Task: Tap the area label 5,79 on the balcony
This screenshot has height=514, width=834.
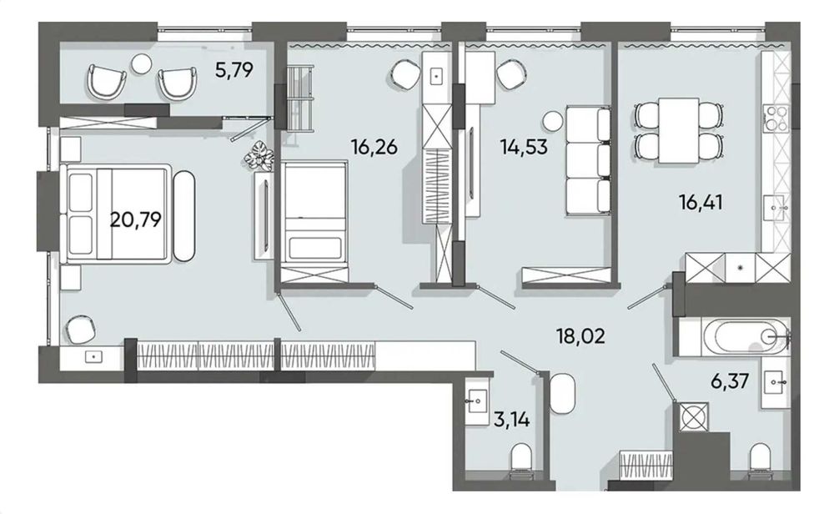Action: (x=234, y=70)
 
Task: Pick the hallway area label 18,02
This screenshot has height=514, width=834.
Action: (x=580, y=337)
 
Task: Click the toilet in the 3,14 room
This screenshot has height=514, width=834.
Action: (x=520, y=459)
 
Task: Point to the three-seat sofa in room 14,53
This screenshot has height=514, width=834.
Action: (x=589, y=159)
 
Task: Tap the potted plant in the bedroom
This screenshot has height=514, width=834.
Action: (x=259, y=157)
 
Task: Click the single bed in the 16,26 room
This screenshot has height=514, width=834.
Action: (x=314, y=214)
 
